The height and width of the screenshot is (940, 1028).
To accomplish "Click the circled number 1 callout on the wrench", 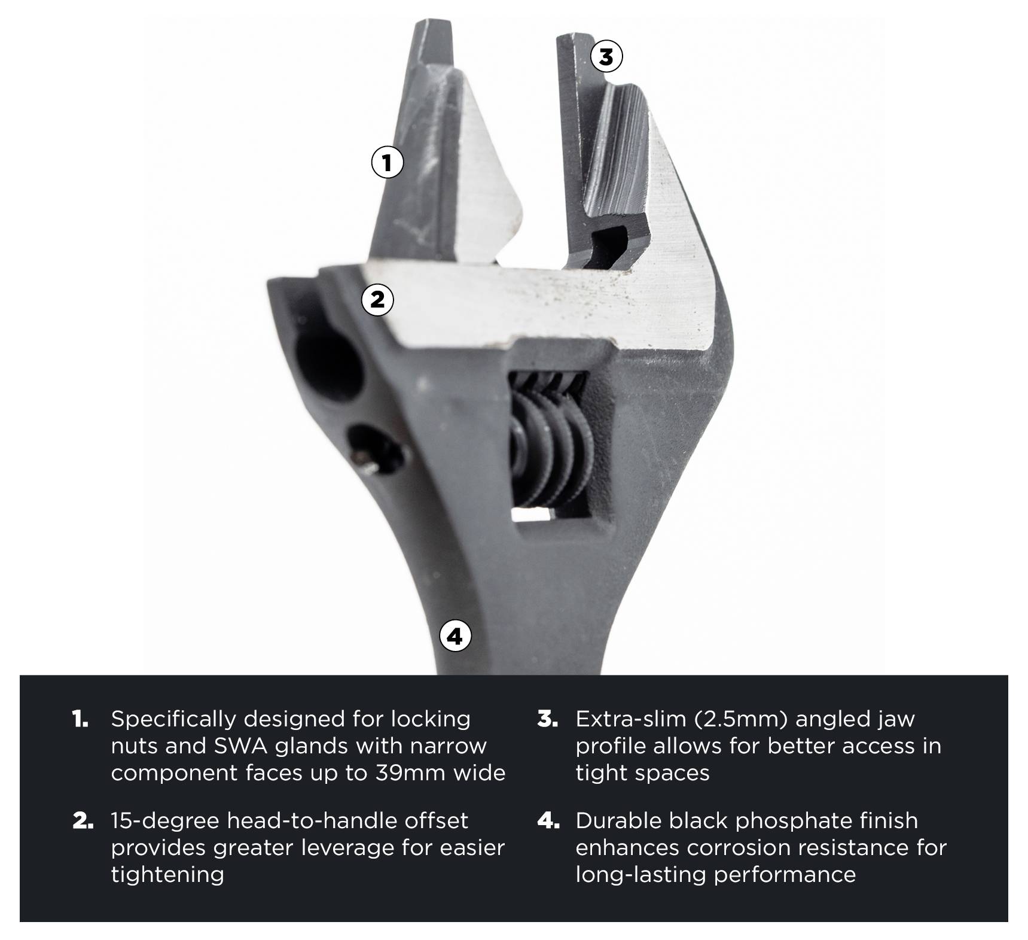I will point(388,162).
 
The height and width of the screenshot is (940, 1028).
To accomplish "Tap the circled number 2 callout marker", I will point(377,299).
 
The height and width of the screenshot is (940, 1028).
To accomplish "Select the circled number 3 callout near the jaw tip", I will point(606,57).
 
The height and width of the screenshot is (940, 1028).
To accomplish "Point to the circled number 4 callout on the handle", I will point(455,636).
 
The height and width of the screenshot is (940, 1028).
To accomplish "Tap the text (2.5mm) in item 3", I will point(742,719).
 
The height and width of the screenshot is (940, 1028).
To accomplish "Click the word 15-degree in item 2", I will point(165,820).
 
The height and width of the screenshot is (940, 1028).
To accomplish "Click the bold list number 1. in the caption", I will point(80,719).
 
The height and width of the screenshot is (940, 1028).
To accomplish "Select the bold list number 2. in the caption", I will point(83,820).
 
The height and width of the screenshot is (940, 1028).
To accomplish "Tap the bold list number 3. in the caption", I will point(547,719).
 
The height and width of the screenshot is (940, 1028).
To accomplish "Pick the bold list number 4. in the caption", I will point(548,820).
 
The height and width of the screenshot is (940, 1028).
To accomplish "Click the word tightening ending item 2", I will point(167,875).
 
